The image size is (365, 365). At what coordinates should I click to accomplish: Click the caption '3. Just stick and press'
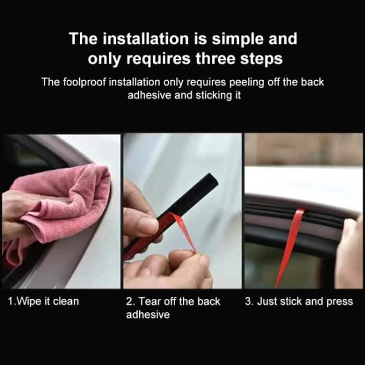[299, 301]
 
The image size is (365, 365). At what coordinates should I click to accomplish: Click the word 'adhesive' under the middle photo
[148, 315]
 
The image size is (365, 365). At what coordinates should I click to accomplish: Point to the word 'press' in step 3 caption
[340, 301]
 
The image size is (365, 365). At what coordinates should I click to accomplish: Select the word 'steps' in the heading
[259, 58]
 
